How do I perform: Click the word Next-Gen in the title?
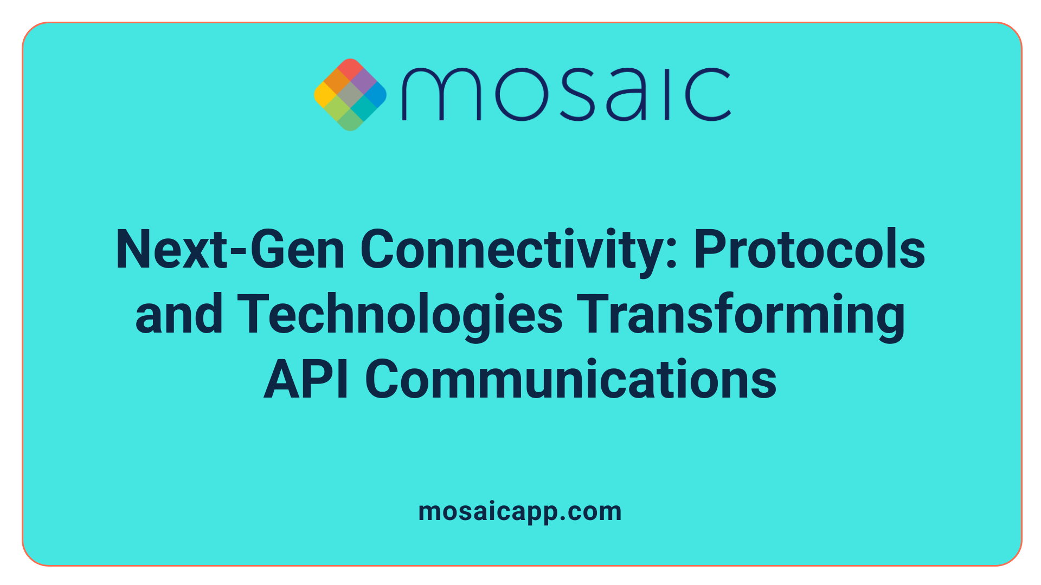(230, 250)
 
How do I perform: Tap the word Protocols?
(809, 250)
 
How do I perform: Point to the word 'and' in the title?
(179, 315)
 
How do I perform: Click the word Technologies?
(400, 315)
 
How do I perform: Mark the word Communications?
(571, 380)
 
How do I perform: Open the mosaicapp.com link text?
(520, 511)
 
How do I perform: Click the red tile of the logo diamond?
(350, 68)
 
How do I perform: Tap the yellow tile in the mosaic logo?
(324, 95)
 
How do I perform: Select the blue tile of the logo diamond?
(376, 95)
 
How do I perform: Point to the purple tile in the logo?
(363, 81)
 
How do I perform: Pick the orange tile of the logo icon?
(337, 81)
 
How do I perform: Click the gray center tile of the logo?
(350, 95)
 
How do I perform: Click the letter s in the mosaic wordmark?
(575, 95)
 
